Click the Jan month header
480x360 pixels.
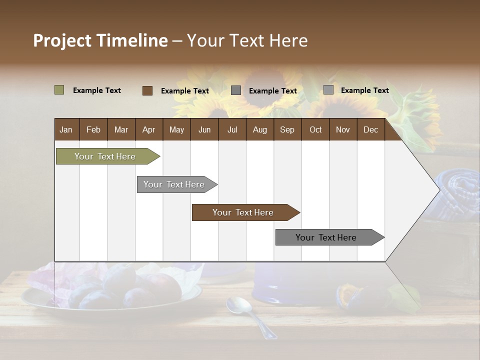click(x=66, y=129)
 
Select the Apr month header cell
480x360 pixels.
click(x=148, y=129)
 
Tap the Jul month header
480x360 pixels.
click(x=232, y=129)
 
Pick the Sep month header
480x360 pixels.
click(x=287, y=129)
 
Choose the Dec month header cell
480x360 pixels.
click(x=370, y=129)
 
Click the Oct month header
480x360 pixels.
click(x=315, y=129)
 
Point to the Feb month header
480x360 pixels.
click(x=93, y=129)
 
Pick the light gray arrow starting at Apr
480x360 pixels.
click(x=174, y=184)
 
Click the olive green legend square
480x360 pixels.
click(x=59, y=90)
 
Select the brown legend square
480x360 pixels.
click(x=147, y=90)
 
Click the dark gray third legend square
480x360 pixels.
click(x=236, y=90)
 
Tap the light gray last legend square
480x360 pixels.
click(x=328, y=90)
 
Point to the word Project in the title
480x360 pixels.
click(x=62, y=40)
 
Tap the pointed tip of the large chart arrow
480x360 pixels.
click(x=438, y=189)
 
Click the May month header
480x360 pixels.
click(x=176, y=129)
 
